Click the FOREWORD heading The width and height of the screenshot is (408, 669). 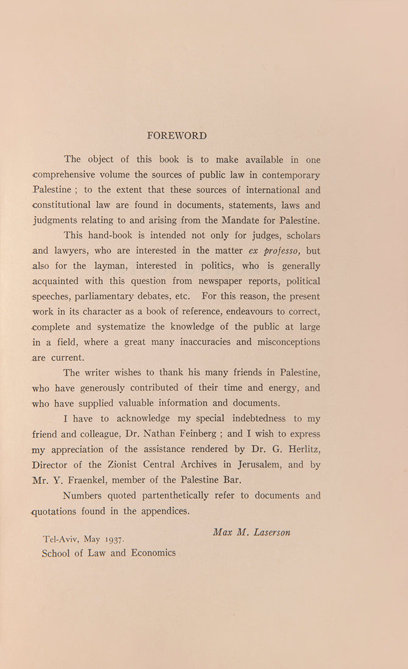coord(177,136)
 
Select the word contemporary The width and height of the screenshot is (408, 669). coord(286,175)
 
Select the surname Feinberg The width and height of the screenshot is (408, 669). coord(200,433)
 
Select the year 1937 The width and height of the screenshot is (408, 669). coord(113,539)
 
